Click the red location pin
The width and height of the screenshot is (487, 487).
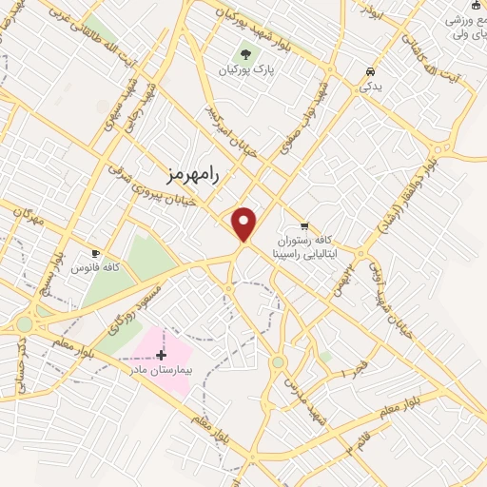(x=244, y=223)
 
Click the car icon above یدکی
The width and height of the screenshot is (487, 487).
(x=370, y=70)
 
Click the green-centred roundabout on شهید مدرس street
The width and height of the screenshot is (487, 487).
(x=278, y=362)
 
